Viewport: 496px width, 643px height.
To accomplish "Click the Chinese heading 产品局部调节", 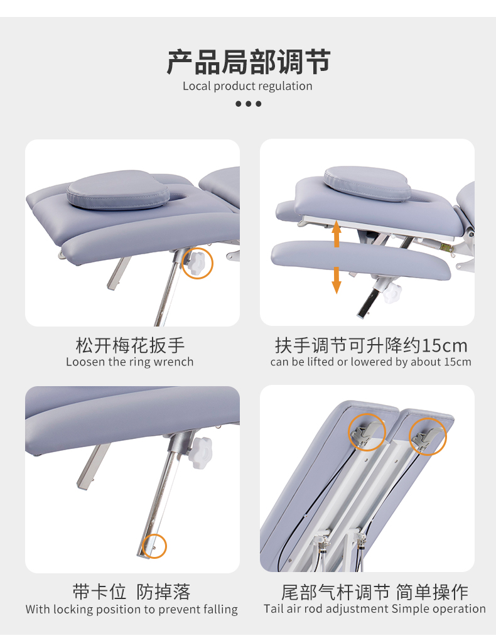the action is click(249, 62).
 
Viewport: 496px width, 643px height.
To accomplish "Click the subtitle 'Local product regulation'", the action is click(247, 86).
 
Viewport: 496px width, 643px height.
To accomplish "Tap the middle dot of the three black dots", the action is click(249, 104).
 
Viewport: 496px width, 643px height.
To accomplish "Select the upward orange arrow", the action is click(337, 234).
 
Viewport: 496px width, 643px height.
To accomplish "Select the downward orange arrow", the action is click(337, 280).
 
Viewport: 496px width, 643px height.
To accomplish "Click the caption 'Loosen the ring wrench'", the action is click(129, 362).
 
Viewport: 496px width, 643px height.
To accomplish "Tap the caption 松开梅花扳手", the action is click(131, 345).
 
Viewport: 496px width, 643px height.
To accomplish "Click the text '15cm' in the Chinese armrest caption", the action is click(445, 346).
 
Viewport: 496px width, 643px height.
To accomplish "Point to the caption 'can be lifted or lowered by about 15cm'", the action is click(370, 362).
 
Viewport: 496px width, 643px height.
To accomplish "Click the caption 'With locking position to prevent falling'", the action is click(132, 609).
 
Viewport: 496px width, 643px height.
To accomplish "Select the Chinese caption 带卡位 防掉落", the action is click(132, 592).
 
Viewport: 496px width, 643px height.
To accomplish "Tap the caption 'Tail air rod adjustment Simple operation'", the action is click(375, 609).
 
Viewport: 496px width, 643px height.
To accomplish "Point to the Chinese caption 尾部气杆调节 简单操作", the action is click(375, 592).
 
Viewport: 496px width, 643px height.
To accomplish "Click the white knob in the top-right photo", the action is click(392, 292).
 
